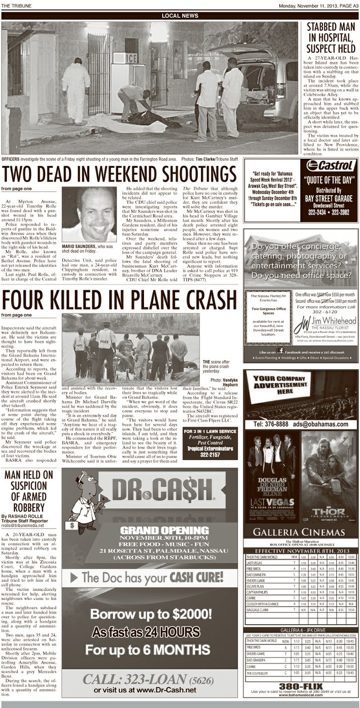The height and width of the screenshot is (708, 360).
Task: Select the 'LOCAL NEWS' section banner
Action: tap(179, 16)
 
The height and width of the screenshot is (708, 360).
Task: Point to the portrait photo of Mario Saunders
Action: tap(89, 214)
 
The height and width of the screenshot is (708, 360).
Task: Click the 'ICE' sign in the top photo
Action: tap(131, 59)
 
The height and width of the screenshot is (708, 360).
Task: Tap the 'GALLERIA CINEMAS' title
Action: tap(299, 532)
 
